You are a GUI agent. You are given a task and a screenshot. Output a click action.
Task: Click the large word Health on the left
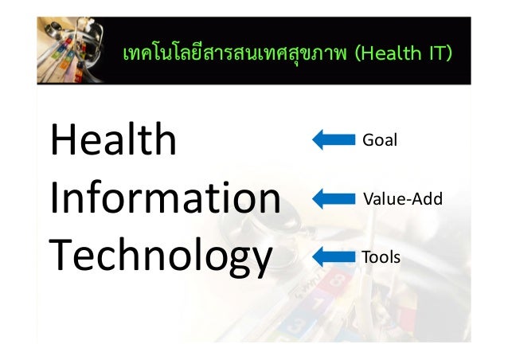click(112, 140)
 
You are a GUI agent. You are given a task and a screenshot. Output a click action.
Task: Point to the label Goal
click(379, 140)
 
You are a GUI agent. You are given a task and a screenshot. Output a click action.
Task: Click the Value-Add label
click(402, 198)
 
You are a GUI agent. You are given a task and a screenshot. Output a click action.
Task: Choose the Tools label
click(381, 257)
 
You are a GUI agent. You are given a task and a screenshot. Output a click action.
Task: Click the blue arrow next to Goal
click(333, 140)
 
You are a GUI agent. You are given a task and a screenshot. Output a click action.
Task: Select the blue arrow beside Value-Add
click(333, 198)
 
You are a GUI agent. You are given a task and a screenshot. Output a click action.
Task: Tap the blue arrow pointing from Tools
click(333, 256)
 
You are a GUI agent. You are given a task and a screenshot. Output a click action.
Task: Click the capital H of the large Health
click(64, 140)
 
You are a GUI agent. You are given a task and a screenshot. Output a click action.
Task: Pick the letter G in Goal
click(368, 140)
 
